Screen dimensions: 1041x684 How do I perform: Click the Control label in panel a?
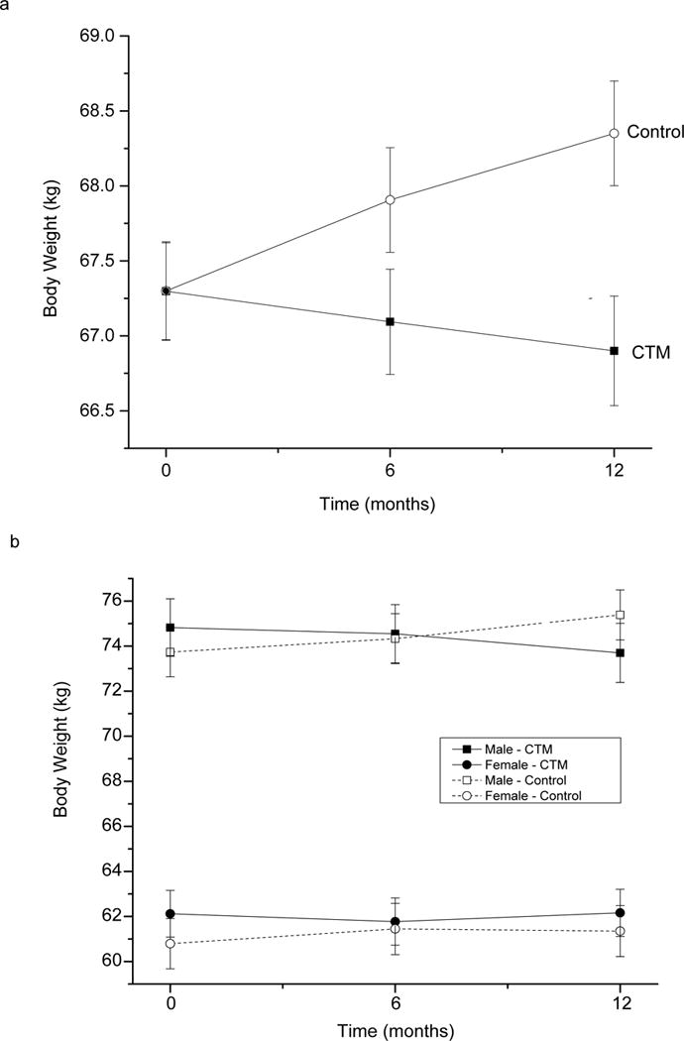(x=656, y=132)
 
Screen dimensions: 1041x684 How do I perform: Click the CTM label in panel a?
(x=651, y=350)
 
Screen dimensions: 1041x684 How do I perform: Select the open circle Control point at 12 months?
(x=615, y=133)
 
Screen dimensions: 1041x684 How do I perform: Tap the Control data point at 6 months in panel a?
(x=391, y=200)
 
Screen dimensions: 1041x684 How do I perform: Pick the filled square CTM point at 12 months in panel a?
(x=615, y=351)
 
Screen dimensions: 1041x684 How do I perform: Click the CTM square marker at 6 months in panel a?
(x=391, y=322)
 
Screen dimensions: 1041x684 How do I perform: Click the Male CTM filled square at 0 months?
(x=171, y=628)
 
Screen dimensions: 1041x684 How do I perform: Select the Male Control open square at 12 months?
(x=621, y=615)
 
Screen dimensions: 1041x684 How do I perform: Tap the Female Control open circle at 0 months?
(x=171, y=944)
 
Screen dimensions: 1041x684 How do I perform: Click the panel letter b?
(x=13, y=543)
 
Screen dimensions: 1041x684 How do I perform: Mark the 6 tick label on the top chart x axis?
(x=391, y=472)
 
